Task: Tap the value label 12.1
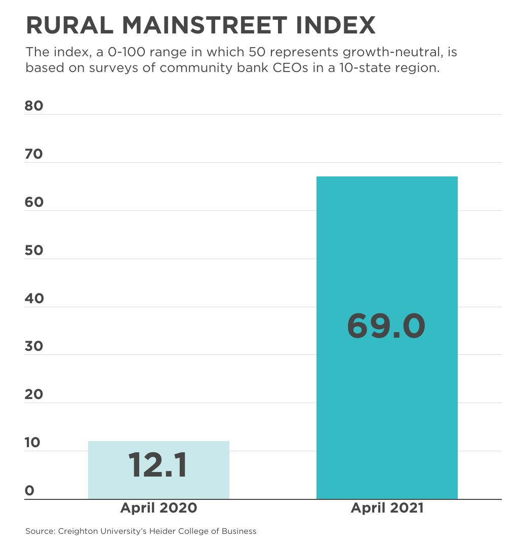(x=157, y=465)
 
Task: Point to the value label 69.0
(x=386, y=326)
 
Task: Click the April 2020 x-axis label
(x=158, y=508)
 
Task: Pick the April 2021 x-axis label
(x=387, y=508)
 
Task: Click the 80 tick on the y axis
(x=34, y=106)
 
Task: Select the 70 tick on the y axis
(x=34, y=154)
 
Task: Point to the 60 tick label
(x=34, y=202)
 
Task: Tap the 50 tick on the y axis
(x=34, y=250)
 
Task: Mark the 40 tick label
(x=34, y=298)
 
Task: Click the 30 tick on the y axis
(x=34, y=346)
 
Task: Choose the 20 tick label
(x=34, y=394)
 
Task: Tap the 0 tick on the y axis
(x=29, y=491)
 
